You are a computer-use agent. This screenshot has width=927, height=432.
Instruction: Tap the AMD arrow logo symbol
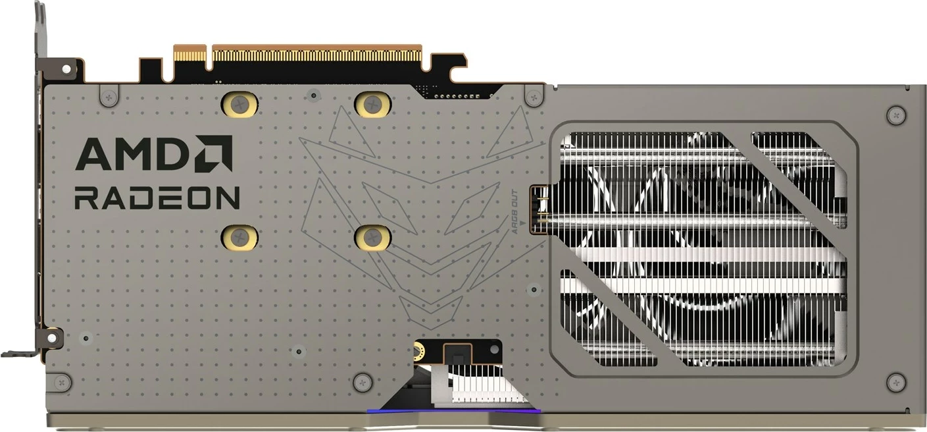(x=214, y=153)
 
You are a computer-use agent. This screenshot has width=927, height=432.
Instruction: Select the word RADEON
(x=157, y=198)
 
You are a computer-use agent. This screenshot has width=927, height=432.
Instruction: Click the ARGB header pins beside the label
(x=541, y=208)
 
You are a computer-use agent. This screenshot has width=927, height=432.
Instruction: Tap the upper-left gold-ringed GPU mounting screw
(x=241, y=103)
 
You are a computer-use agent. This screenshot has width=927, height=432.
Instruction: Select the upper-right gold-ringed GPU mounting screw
(x=373, y=103)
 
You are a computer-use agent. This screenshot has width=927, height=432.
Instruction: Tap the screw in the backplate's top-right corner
(x=896, y=115)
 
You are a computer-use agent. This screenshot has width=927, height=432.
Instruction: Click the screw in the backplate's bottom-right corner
(x=896, y=382)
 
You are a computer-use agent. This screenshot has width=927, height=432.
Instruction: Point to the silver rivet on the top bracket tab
(x=66, y=68)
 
